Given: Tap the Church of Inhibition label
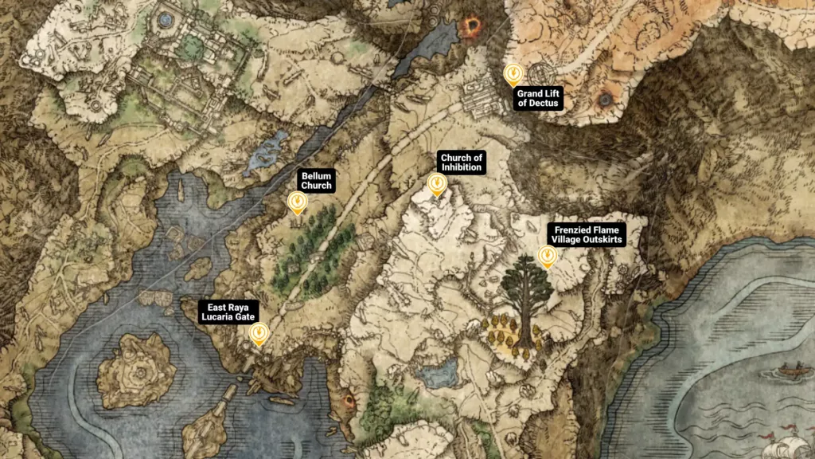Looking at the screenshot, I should tap(462, 163).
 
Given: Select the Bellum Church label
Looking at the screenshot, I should tap(316, 180).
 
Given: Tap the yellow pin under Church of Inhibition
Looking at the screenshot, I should tap(437, 185).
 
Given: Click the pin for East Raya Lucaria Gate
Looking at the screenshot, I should tap(258, 335).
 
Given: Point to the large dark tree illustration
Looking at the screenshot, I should tap(525, 295).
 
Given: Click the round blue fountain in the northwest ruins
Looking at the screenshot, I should tap(166, 18).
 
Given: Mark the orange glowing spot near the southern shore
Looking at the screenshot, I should tap(348, 401).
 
